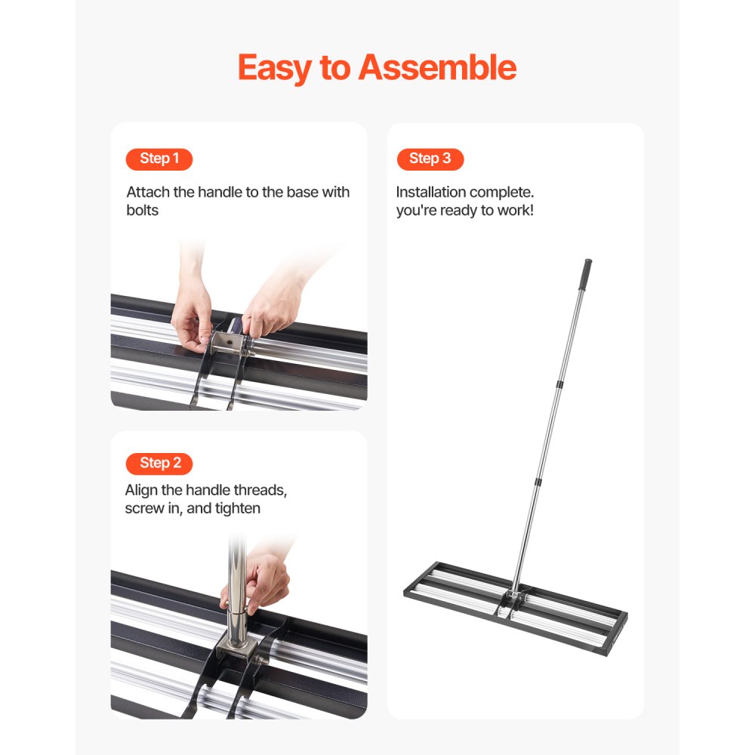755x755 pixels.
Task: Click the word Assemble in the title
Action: (x=437, y=68)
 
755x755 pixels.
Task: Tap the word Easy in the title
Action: (x=273, y=68)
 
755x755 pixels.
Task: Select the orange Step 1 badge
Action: (x=159, y=159)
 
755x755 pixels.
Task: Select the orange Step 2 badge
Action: (x=159, y=463)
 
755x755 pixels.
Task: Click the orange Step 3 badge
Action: (x=430, y=159)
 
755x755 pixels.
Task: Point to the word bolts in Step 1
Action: (x=143, y=210)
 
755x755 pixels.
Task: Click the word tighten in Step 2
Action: (x=236, y=508)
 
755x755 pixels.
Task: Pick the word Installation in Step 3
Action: (x=430, y=193)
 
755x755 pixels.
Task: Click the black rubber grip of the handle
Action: (x=584, y=273)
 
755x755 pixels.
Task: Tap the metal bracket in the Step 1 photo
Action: (x=227, y=344)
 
